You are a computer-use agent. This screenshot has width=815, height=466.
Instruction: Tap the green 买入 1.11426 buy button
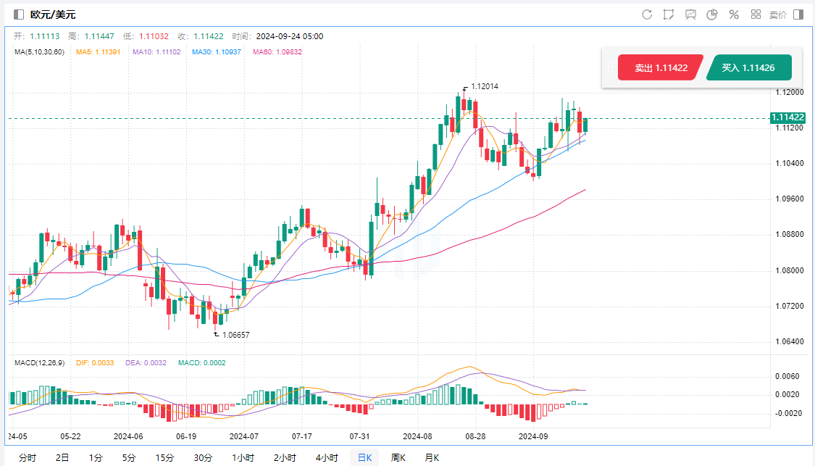(748, 67)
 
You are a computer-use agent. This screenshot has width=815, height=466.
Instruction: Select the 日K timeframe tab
(364, 457)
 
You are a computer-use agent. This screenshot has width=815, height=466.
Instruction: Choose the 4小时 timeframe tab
(326, 457)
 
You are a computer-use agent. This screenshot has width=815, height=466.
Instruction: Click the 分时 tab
(27, 457)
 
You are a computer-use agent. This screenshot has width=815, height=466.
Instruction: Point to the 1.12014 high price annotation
(485, 86)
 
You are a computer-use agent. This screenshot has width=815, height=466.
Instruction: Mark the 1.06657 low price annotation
(237, 335)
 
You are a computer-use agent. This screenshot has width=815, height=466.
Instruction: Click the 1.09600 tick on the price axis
(788, 199)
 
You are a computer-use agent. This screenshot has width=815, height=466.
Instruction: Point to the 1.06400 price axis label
(788, 341)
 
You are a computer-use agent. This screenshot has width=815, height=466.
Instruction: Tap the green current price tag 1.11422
(787, 117)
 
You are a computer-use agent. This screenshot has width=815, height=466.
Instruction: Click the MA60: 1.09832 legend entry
(276, 52)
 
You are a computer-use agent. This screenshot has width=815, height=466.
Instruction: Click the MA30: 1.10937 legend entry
(217, 52)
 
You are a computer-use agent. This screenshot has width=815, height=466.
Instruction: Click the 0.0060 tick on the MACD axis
(786, 376)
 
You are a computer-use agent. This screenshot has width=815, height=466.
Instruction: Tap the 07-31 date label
(359, 436)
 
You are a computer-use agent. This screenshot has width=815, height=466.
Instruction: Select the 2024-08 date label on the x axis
(417, 436)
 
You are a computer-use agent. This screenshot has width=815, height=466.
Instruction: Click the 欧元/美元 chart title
(53, 14)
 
